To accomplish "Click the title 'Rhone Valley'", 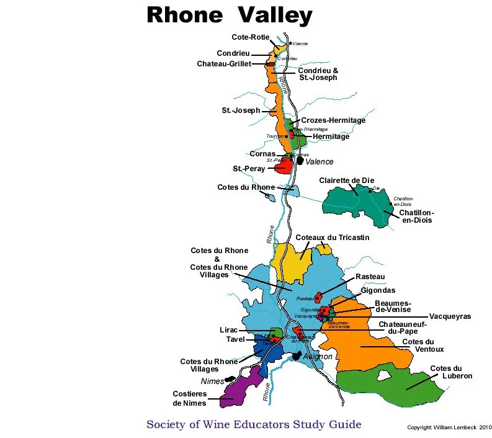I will point(229,16).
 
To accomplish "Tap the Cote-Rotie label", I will point(250,38).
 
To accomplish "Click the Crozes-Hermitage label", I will point(333,120).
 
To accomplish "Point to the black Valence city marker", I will point(300,160).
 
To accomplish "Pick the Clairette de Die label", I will point(348,181).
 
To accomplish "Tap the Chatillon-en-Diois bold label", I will point(416,217).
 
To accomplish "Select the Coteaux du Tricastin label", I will point(333,238).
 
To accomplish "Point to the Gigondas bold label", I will point(378,290).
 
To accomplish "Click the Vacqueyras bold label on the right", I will point(450,316).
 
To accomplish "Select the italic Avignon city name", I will point(318,357).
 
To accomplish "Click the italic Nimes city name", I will point(212,382).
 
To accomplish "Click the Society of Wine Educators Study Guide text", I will point(253,425).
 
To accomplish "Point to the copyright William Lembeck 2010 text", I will point(449,427).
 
